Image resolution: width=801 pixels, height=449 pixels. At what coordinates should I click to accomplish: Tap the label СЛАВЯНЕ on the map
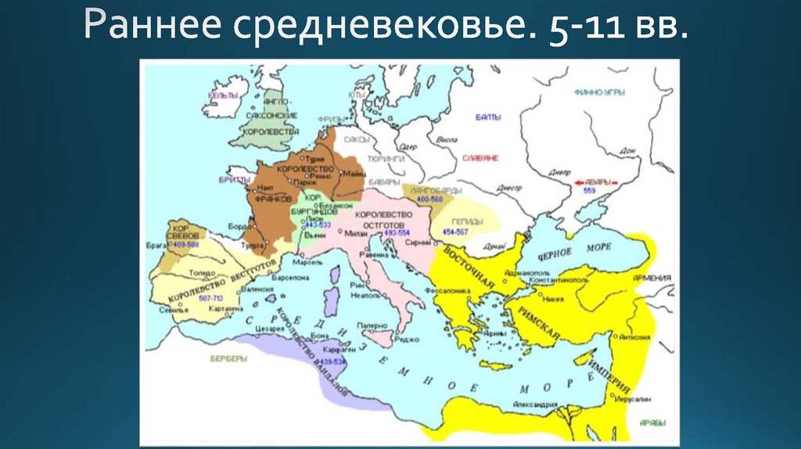[480, 157]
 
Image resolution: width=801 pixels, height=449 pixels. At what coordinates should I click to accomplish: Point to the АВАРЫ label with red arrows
[591, 181]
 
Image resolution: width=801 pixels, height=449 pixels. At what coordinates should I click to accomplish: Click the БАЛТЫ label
[487, 117]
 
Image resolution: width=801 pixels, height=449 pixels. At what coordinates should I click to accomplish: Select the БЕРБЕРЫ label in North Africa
[228, 358]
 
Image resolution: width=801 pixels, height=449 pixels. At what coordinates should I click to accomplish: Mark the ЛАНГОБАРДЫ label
[436, 190]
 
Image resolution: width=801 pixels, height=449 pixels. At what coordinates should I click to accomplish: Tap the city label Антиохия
[634, 338]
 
